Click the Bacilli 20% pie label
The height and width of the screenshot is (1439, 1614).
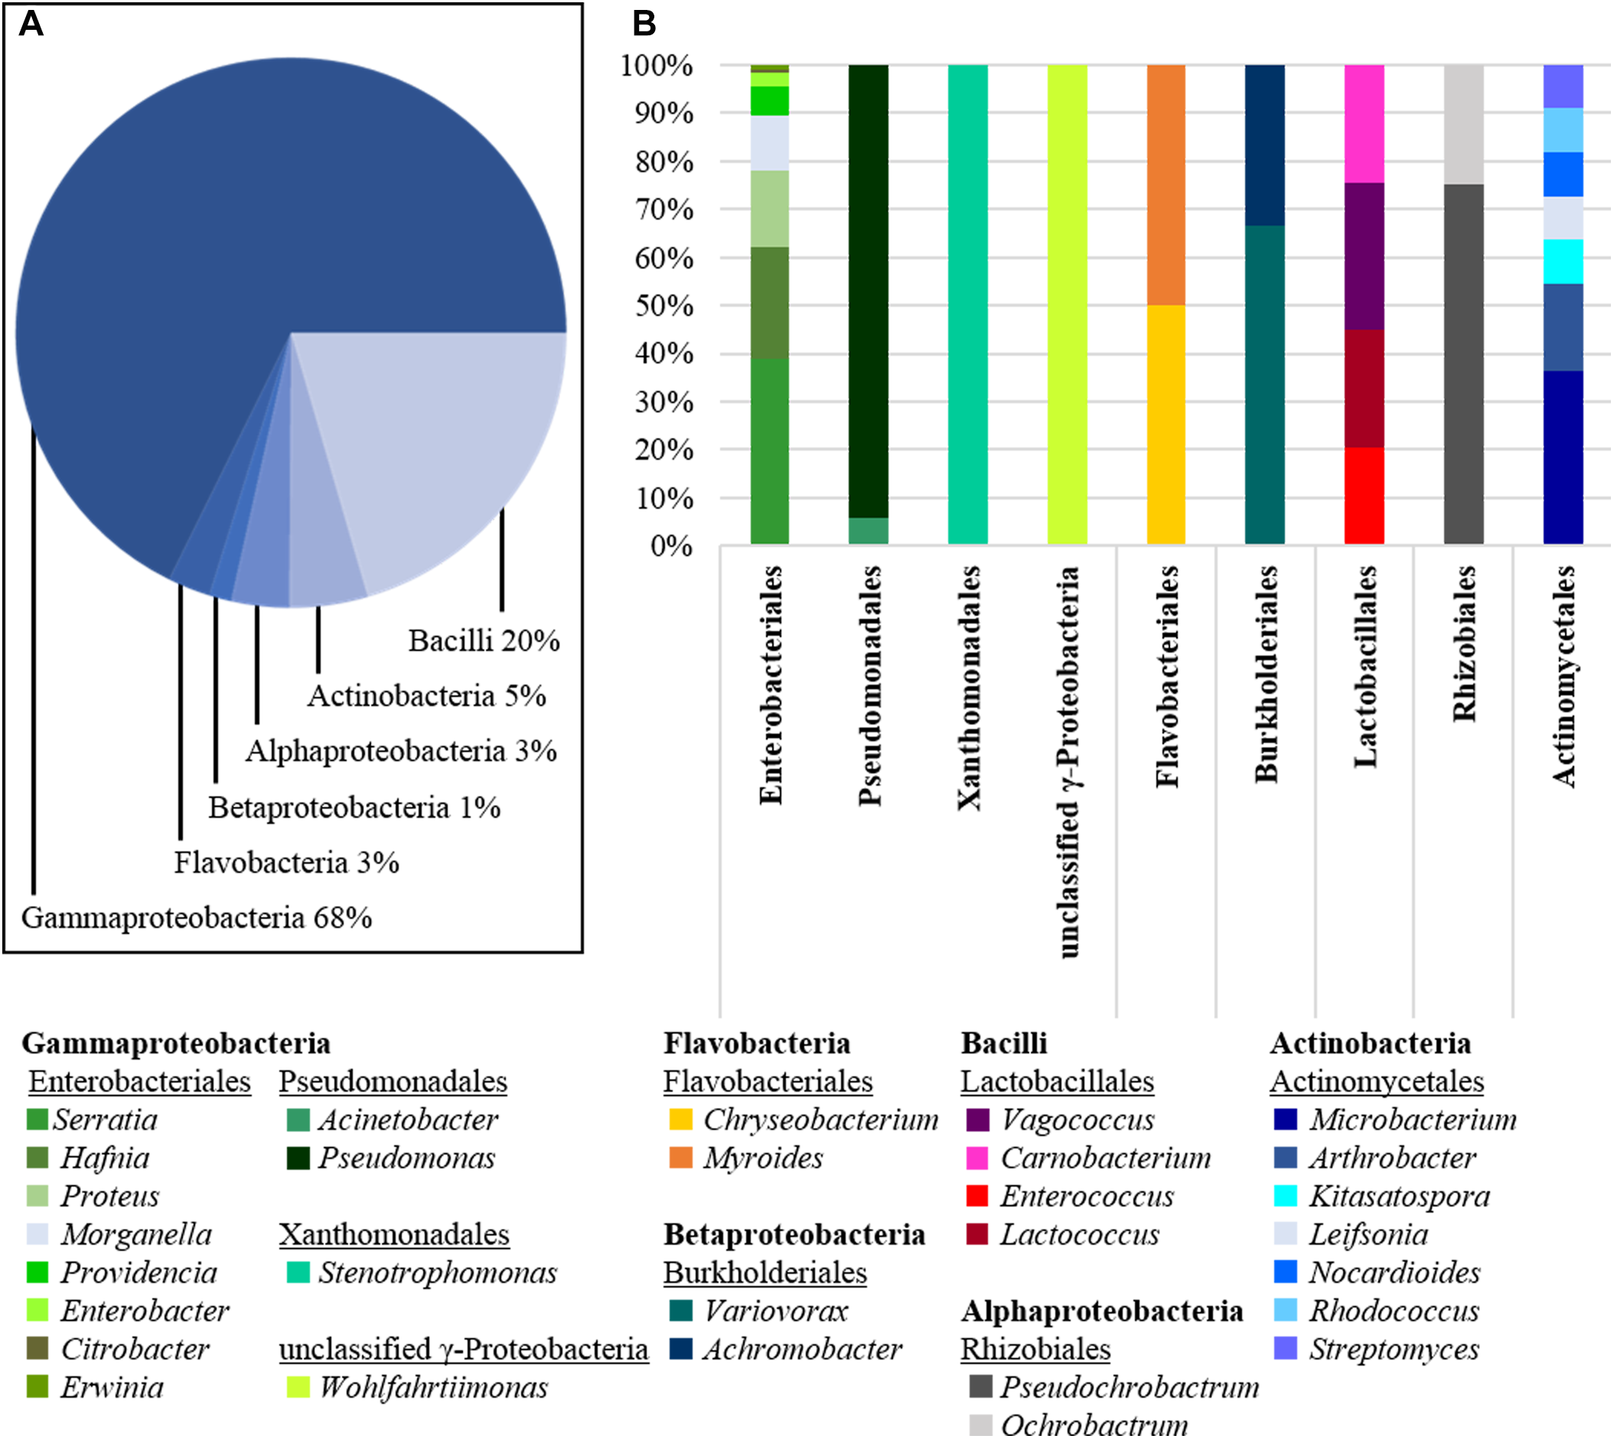(483, 640)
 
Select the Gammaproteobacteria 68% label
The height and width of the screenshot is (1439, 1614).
(196, 918)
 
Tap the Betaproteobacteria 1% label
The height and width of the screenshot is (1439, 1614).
(354, 807)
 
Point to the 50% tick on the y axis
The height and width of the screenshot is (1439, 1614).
(664, 306)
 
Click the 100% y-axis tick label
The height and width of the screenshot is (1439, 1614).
(657, 66)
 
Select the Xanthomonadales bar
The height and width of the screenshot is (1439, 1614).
(967, 304)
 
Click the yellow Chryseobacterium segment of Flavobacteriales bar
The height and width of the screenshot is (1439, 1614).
(1166, 425)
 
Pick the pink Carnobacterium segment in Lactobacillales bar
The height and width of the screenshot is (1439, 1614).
(1364, 123)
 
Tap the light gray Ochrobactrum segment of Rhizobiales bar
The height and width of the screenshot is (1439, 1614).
(1463, 124)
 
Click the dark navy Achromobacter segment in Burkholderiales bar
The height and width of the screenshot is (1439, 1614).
(1264, 145)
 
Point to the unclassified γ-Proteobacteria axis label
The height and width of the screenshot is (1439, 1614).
(1068, 761)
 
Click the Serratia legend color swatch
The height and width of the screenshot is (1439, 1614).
(37, 1118)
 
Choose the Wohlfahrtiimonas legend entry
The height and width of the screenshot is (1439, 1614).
(432, 1388)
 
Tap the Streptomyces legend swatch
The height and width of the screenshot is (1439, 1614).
(1285, 1349)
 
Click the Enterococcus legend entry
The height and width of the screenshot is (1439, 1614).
(1087, 1196)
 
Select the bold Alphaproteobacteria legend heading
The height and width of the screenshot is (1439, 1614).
(1101, 1312)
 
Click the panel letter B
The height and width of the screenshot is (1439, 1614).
(644, 24)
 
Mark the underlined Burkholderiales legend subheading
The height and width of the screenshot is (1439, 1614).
(765, 1273)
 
